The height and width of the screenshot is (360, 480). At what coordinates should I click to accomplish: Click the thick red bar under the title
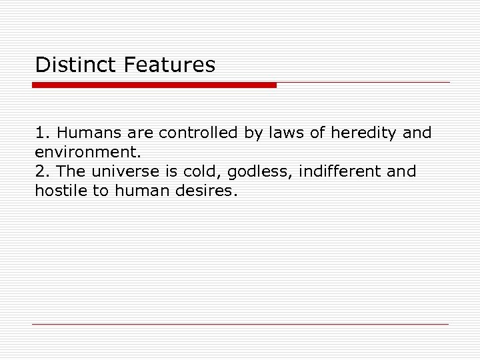154,85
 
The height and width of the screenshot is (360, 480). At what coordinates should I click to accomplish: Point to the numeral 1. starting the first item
43,133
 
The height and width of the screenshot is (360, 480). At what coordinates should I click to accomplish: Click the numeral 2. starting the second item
43,171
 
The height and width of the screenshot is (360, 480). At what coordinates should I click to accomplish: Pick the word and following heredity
417,133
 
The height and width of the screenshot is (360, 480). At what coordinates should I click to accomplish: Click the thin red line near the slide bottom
240,325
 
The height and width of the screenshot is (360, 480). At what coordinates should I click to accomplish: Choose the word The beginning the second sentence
71,171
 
